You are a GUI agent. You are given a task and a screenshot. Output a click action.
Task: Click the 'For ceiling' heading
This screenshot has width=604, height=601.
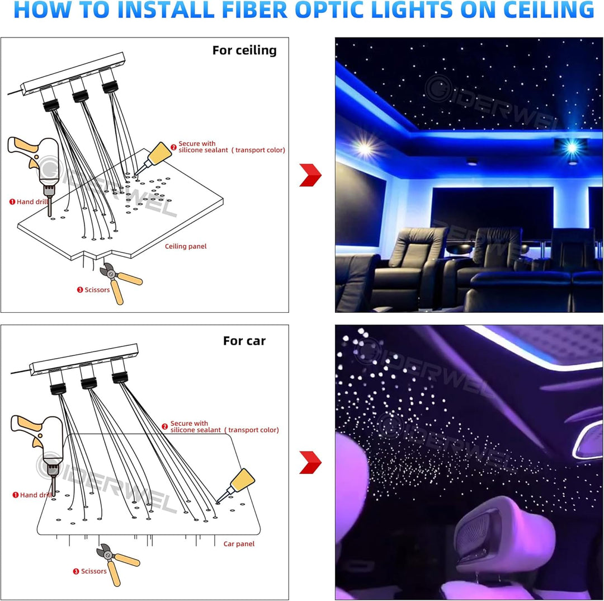[x=244, y=50]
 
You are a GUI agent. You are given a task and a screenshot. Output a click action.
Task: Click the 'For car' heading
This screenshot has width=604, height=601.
[x=244, y=341]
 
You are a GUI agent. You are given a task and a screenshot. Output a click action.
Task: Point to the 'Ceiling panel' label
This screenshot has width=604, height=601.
[x=186, y=246]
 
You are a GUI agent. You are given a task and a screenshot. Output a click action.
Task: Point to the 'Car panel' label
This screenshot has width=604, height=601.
[x=239, y=543]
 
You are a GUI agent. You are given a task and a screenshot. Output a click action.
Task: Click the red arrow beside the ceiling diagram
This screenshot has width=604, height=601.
[x=310, y=175]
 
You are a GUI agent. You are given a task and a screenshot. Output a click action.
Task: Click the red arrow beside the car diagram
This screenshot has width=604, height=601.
[x=310, y=462]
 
